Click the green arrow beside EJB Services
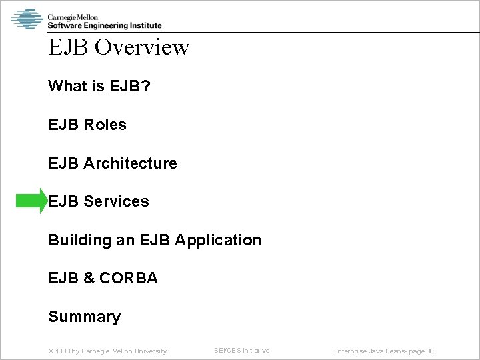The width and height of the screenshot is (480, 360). pyautogui.click(x=30, y=201)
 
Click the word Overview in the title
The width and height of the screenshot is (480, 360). pyautogui.click(x=142, y=47)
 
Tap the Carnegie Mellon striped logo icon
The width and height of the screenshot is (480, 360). pyautogui.click(x=27, y=19)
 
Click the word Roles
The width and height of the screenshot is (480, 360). pyautogui.click(x=105, y=125)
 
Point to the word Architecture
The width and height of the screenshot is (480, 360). pyautogui.click(x=131, y=163)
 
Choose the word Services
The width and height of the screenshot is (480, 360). pyautogui.click(x=117, y=201)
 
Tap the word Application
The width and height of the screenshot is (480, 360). pyautogui.click(x=218, y=240)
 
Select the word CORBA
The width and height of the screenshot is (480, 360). pyautogui.click(x=129, y=279)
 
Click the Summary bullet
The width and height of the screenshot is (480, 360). pyautogui.click(x=84, y=317)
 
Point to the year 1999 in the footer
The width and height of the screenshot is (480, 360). pyautogui.click(x=64, y=351)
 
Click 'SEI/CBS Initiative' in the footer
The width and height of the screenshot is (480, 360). pyautogui.click(x=241, y=351)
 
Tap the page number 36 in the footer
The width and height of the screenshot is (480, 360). pyautogui.click(x=430, y=351)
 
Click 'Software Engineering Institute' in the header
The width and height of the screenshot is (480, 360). pyautogui.click(x=104, y=25)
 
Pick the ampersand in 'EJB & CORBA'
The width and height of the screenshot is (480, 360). pyautogui.click(x=89, y=279)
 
